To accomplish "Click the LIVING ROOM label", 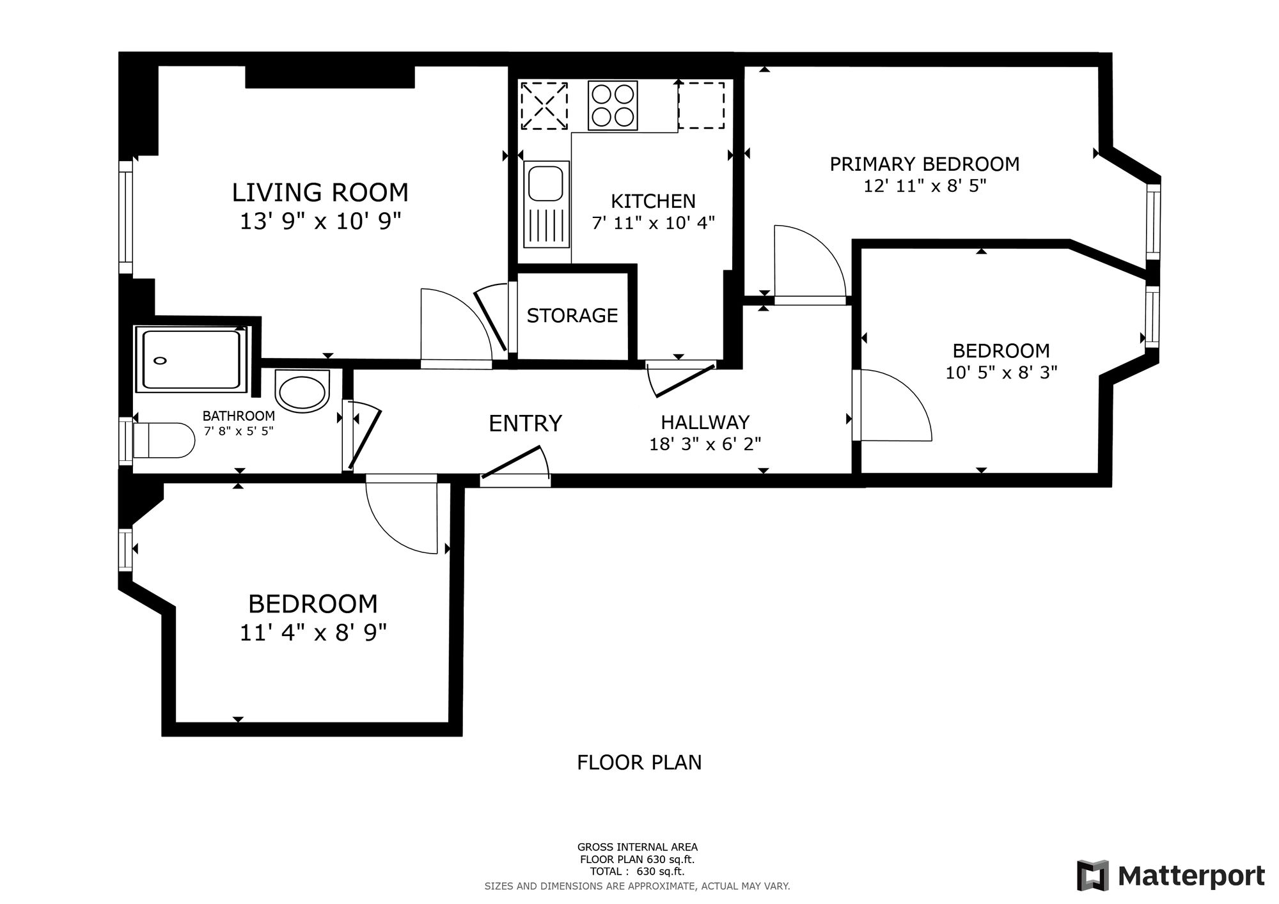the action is (320, 192).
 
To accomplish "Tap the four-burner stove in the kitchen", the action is (613, 105).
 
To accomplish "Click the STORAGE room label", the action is (572, 315).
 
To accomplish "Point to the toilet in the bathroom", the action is (164, 440).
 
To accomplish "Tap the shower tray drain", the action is (160, 361).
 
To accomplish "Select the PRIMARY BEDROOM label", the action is (925, 164).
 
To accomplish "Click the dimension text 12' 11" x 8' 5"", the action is (925, 186).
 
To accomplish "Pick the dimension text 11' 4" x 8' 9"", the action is (313, 633).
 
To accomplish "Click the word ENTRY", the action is (525, 423).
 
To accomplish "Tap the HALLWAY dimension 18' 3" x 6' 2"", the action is (705, 444).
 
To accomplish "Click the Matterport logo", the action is (1171, 875).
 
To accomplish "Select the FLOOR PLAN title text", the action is (639, 763).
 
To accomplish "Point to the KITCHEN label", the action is (653, 201).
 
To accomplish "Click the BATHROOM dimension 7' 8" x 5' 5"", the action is (239, 431).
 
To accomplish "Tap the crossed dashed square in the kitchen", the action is (544, 105).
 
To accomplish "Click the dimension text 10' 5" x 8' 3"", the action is (1001, 372).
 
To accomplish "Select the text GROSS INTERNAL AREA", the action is (638, 848).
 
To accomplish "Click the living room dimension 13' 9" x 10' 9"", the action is (320, 222).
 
